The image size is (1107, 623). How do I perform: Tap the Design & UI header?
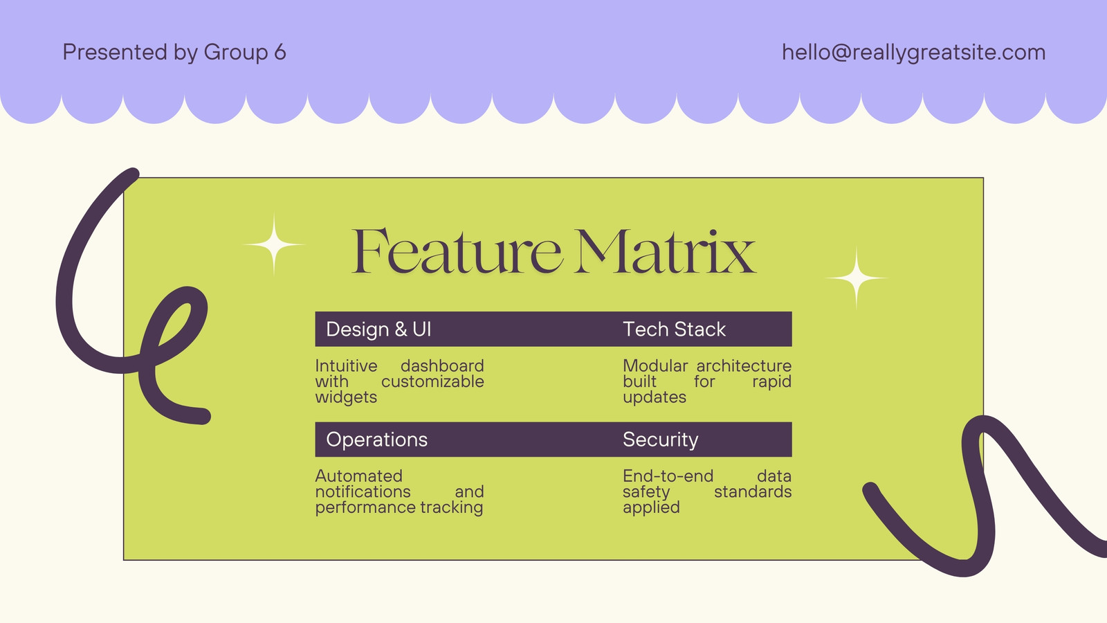tap(378, 329)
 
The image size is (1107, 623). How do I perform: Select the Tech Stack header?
tap(674, 329)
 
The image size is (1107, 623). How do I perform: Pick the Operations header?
tap(376, 440)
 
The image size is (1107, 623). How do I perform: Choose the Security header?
tap(660, 440)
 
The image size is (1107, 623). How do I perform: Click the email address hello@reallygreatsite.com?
tap(913, 52)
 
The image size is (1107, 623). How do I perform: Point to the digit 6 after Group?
tap(280, 52)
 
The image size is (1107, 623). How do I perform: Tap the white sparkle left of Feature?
tap(274, 244)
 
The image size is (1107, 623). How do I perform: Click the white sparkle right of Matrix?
tap(857, 278)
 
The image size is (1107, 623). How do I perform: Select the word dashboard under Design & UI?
tap(442, 366)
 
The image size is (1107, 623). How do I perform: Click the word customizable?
tap(432, 381)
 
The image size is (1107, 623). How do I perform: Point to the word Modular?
tap(655, 366)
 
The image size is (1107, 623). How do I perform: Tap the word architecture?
tap(744, 366)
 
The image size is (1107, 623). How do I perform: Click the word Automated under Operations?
tap(359, 476)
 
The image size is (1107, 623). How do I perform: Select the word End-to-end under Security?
tap(668, 476)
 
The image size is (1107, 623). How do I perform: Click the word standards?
tap(753, 491)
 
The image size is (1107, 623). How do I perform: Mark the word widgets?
tap(346, 397)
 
